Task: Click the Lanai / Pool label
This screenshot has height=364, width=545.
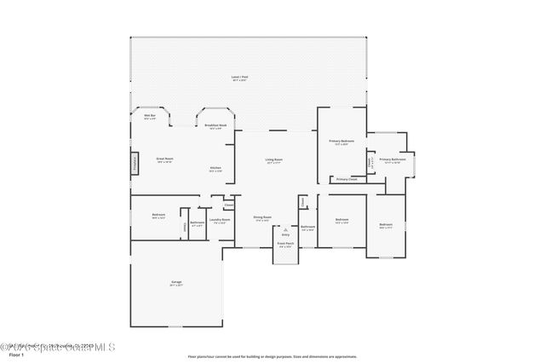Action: tap(239, 78)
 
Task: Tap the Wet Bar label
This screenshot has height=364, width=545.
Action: tap(149, 116)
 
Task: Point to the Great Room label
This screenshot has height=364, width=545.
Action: tap(164, 159)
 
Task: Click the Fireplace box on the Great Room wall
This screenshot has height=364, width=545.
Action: tap(134, 163)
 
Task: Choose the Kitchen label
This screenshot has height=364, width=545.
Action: tap(215, 169)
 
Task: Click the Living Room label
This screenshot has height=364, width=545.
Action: tap(273, 160)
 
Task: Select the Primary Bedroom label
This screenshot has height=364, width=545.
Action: tap(341, 142)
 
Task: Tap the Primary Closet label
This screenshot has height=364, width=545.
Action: tap(346, 179)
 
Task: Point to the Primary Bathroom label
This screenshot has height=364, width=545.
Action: tap(392, 159)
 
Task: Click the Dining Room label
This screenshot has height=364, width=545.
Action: tap(262, 217)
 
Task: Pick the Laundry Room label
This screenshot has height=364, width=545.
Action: tap(220, 220)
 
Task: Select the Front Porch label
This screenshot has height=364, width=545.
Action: tap(285, 244)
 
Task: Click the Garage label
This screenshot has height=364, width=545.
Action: tap(176, 283)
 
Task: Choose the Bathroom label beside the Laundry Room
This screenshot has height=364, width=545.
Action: tap(197, 223)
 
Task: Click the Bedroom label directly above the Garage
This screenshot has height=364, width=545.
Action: tap(158, 215)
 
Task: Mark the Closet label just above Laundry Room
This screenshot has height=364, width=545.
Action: tap(228, 205)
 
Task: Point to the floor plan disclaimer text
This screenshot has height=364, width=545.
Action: tap(272, 357)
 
